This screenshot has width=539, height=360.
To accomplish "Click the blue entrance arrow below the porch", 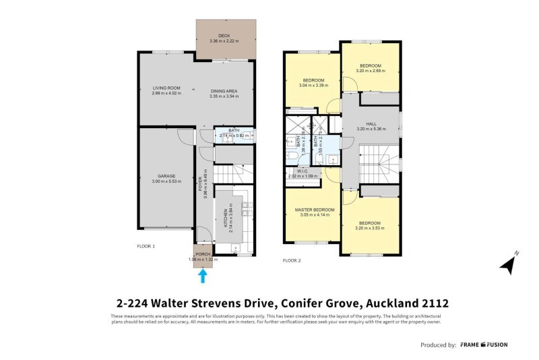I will [203, 275].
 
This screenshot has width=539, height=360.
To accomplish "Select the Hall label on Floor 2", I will [371, 124].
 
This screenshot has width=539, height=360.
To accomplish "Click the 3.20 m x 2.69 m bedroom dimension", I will [371, 69].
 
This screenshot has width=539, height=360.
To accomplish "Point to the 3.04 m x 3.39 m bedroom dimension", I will [313, 86].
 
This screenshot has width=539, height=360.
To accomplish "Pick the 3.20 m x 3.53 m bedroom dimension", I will [369, 228].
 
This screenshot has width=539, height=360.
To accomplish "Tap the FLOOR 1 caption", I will [146, 247].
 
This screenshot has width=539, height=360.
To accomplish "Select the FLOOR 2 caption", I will [292, 260].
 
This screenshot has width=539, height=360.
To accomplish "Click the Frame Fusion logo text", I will [484, 344].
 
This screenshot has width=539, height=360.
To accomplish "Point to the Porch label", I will [203, 254].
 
